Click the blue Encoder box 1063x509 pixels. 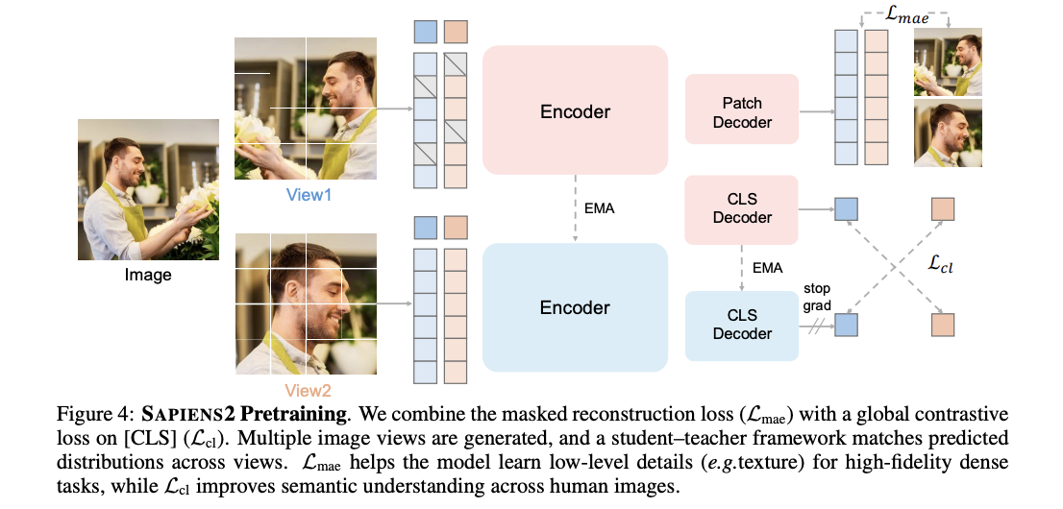pos(575,307)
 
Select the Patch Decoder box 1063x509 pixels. pos(741,112)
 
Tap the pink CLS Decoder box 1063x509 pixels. pos(741,208)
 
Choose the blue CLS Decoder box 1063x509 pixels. pos(741,325)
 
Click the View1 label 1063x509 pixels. pos(309,193)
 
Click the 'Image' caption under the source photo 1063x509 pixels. pos(148,275)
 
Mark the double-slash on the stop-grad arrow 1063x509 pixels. pos(819,326)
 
